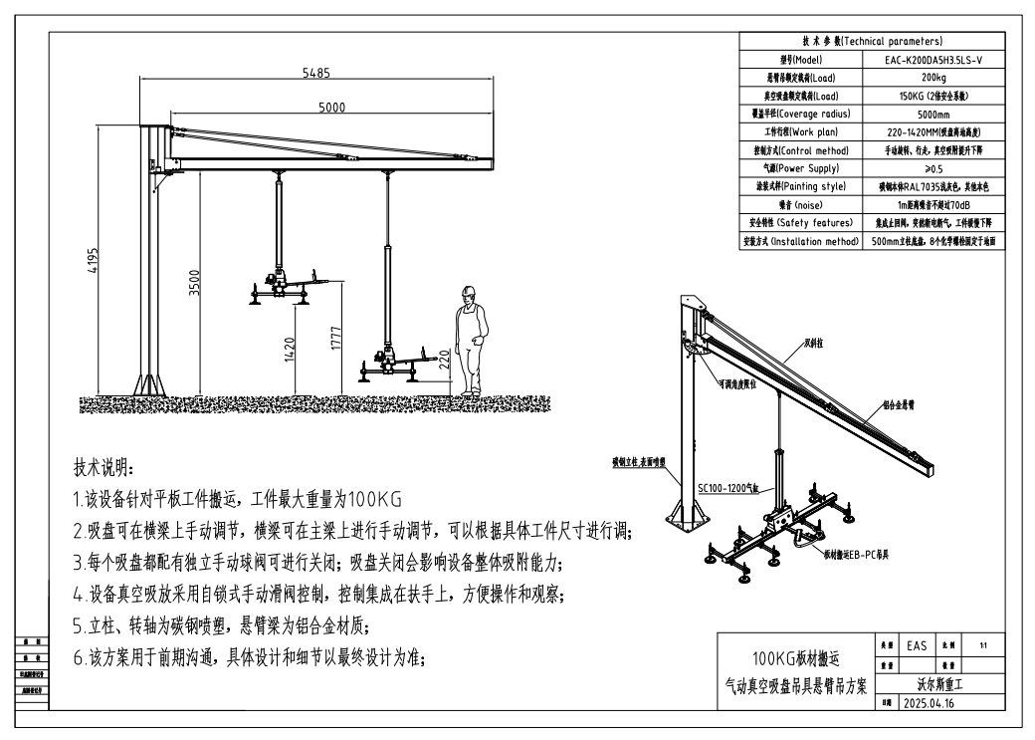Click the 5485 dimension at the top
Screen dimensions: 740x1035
(x=317, y=73)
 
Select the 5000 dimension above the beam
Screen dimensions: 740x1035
(x=331, y=108)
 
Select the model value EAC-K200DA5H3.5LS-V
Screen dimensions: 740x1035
(x=931, y=59)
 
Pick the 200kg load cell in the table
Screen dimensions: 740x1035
(x=931, y=77)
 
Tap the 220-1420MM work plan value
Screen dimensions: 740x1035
(x=931, y=131)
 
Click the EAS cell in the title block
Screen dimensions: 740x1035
(x=916, y=645)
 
